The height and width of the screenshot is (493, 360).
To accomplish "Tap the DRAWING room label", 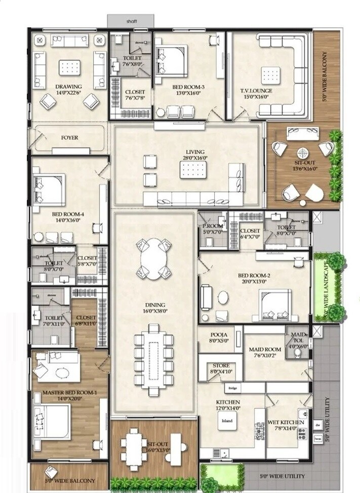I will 68,87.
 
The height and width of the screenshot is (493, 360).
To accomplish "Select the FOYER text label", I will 69,137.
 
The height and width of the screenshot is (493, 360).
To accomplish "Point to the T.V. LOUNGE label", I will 256,91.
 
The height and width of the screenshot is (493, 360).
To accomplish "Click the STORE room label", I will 220,365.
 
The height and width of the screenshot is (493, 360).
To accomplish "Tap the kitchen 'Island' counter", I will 226,421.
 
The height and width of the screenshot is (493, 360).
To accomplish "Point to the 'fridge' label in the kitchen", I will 233,389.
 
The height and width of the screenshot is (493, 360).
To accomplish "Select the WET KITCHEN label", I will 286,422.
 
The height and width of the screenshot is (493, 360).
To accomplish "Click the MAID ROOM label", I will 265,350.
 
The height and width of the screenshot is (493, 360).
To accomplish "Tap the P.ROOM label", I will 213,226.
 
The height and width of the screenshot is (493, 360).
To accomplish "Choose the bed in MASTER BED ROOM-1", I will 51,423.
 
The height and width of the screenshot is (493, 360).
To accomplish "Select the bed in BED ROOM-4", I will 48,188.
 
